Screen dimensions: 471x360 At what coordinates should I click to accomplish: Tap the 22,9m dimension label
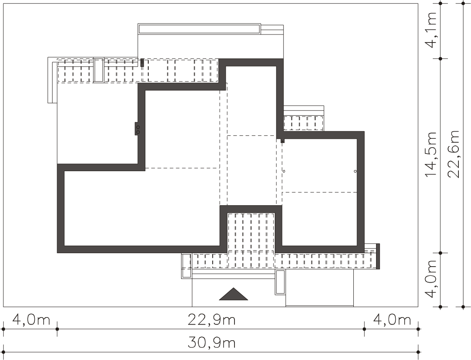pos(211,320)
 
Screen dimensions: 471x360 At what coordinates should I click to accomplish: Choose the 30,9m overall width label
pos(211,343)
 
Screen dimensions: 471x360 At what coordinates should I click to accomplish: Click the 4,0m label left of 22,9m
pos(31,320)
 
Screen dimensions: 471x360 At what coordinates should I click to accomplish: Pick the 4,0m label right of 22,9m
pos(392,320)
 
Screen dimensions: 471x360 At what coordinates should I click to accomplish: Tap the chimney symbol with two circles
pos(137,129)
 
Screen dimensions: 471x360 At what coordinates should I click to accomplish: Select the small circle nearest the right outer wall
pos(355,172)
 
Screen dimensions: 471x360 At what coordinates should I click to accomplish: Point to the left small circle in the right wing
pos(284,172)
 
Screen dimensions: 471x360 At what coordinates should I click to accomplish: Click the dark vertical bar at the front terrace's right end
pos(378,256)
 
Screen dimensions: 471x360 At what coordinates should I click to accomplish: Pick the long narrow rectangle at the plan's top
pos(199,29)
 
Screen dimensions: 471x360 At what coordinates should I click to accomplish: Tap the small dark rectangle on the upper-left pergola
pos(142,63)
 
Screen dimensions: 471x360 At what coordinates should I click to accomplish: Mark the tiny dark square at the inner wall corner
pos(282,140)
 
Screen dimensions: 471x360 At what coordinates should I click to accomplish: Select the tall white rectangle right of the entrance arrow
pos(280,282)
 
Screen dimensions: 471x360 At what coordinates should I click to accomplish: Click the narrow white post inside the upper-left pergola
pos(98,70)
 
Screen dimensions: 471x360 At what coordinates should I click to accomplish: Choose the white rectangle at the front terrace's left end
pos(186,265)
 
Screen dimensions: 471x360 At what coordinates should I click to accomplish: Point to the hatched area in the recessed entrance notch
pos(251,232)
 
